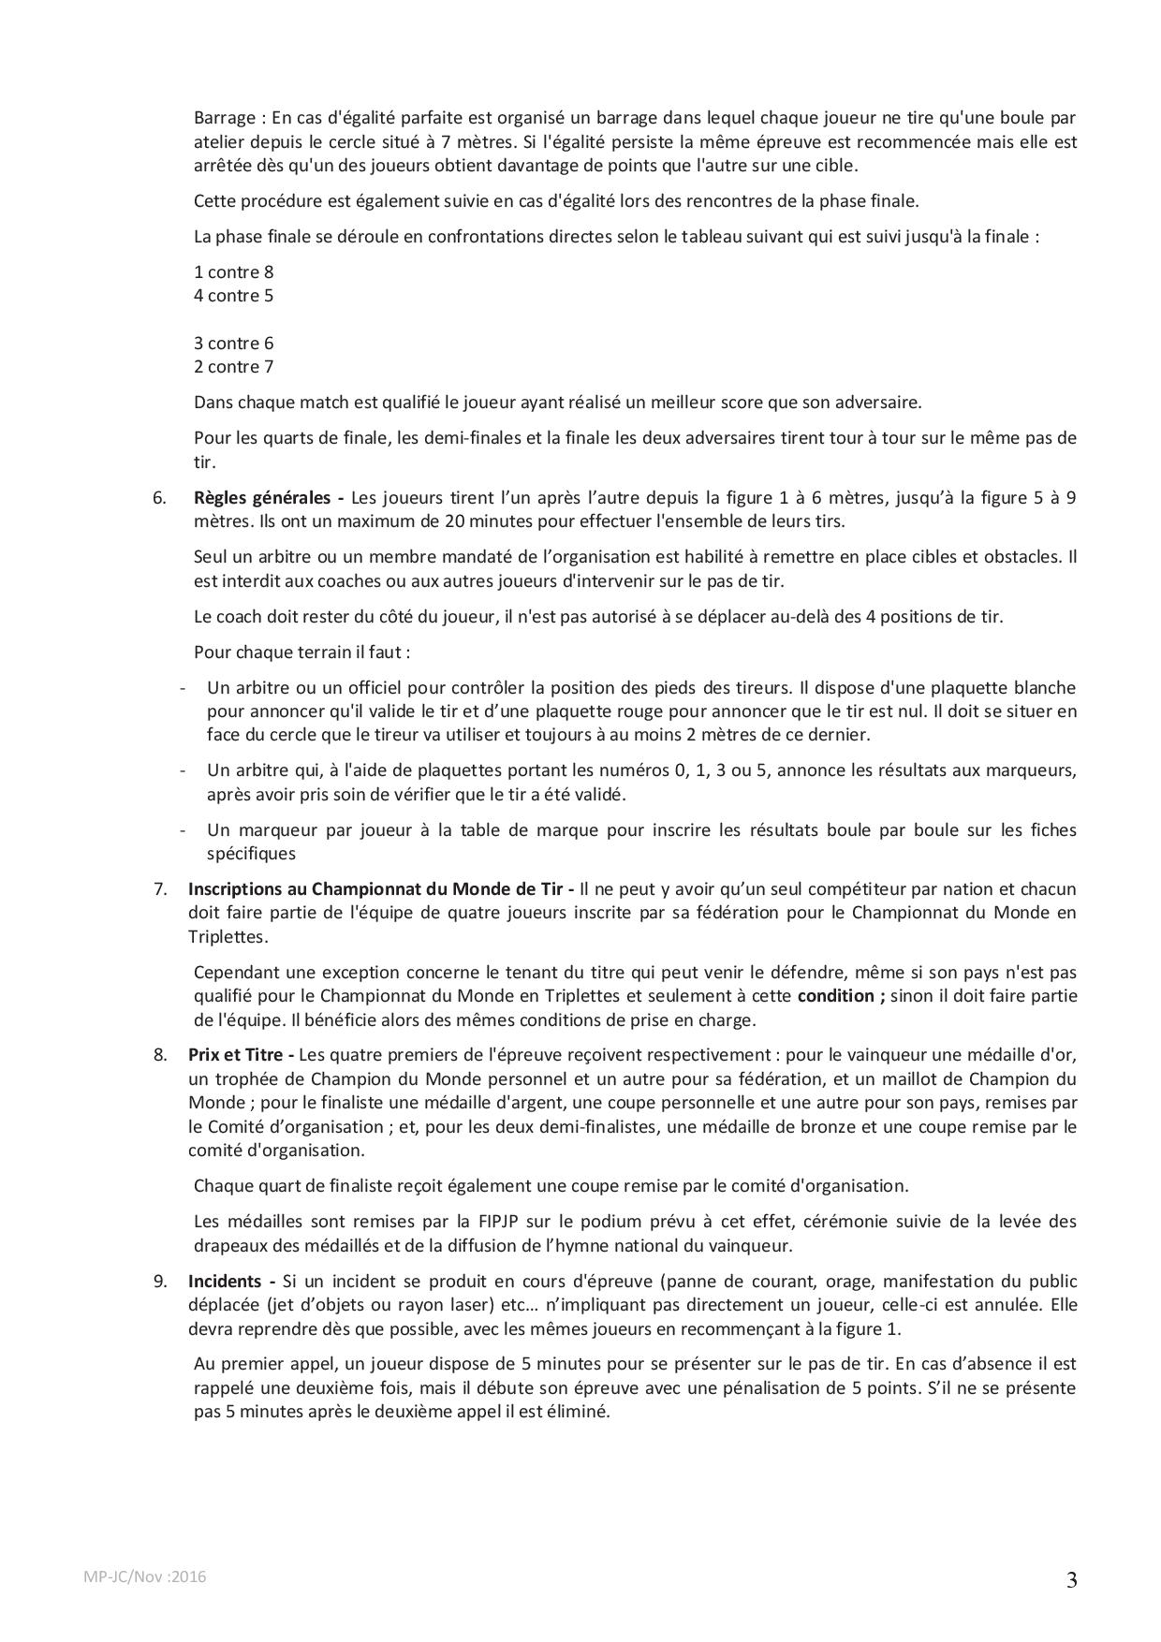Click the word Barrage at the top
(225, 118)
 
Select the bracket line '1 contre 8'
(233, 272)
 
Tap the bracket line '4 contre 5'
(233, 296)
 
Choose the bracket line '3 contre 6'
(233, 344)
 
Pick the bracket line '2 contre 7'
(233, 367)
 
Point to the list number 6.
(159, 498)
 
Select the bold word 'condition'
(835, 996)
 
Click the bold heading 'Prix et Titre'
(237, 1055)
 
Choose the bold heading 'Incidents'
(225, 1282)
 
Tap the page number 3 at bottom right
(1071, 1581)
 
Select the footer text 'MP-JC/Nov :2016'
(145, 1576)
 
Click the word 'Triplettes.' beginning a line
(228, 937)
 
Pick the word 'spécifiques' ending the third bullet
(251, 854)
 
